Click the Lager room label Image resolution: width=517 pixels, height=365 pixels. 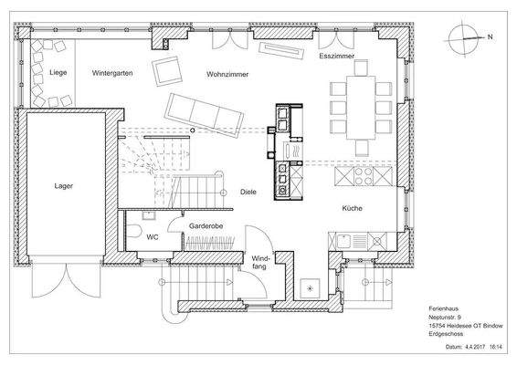pos(63,186)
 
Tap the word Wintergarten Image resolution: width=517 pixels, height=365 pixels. pos(112,73)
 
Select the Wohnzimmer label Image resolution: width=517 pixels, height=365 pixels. pos(227,74)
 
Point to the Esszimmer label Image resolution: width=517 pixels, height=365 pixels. pos(337,56)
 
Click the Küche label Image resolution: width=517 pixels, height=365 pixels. pos(353,208)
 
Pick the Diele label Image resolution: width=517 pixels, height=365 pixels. pos(248,192)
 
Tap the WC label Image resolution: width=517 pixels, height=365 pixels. pos(153,237)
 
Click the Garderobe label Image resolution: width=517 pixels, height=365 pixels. pos(206,226)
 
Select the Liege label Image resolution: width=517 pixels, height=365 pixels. pos(58,72)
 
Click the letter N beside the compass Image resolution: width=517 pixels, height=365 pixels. pos(490,36)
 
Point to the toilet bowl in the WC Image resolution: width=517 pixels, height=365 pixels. pos(134,231)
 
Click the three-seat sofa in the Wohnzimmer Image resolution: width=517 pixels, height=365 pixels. pos(204,115)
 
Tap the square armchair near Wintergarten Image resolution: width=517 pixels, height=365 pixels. pos(167,71)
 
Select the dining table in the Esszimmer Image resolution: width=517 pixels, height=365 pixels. pos(361,108)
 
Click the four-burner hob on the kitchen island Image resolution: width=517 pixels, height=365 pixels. pos(364,176)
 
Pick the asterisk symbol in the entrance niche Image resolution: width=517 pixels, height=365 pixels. pos(310,289)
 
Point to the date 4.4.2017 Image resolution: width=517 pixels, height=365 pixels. pos(475,347)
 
